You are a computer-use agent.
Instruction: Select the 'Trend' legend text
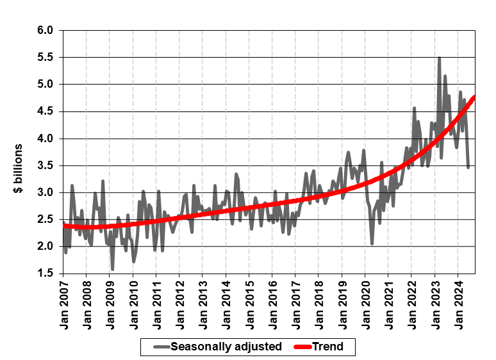point(328,347)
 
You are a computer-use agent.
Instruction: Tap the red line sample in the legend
point(300,347)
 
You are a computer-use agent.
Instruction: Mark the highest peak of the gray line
point(439,58)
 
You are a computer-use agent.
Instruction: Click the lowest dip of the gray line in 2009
point(113,269)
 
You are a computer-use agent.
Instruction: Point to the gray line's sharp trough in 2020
point(372,243)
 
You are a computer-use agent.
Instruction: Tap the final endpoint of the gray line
point(468,168)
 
